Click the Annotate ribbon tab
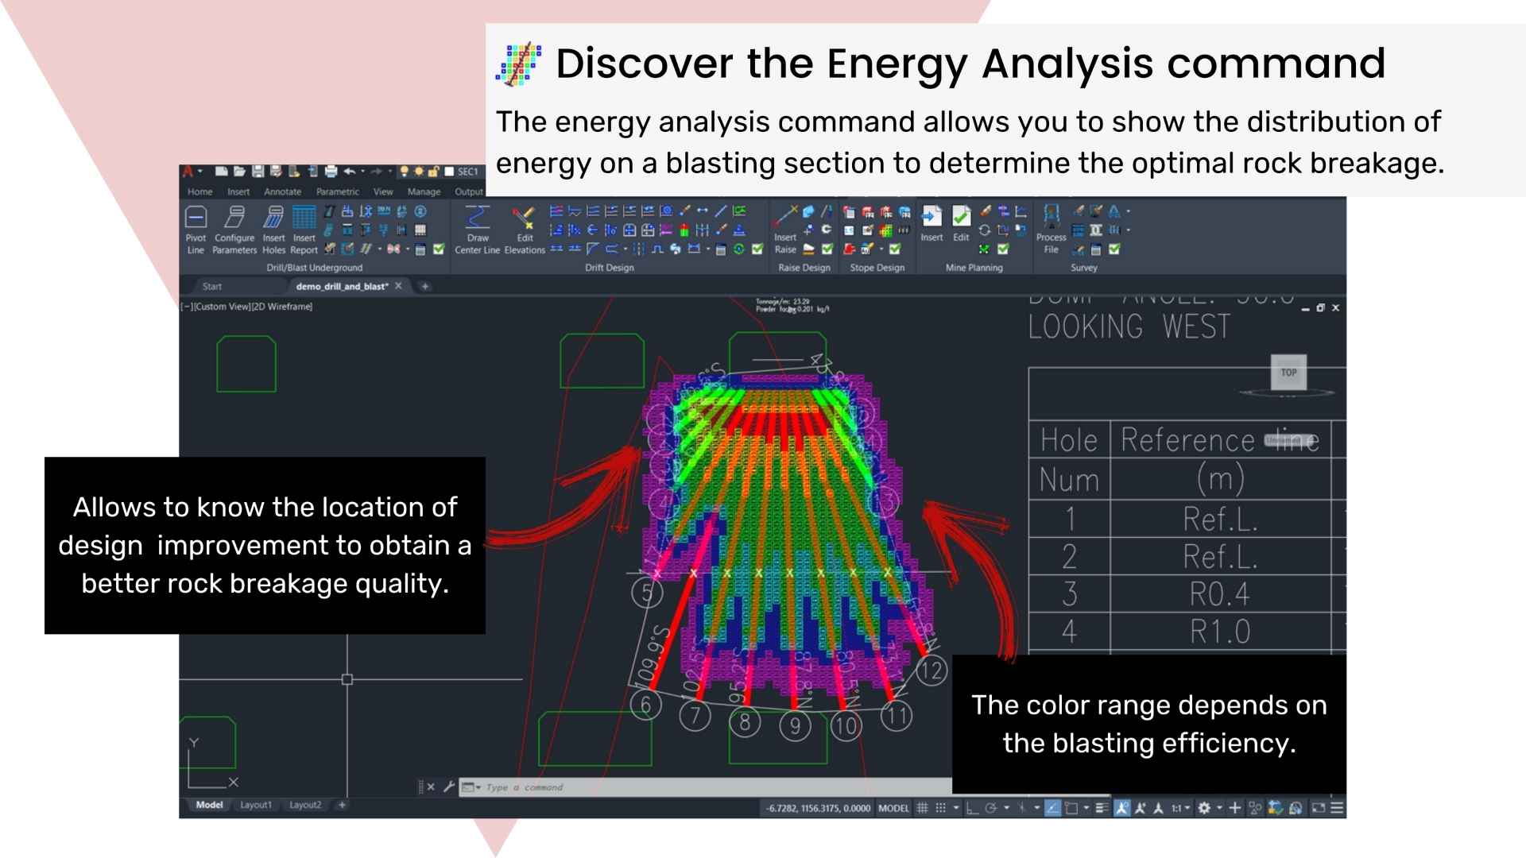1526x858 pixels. click(x=282, y=191)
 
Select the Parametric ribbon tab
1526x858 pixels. click(x=337, y=191)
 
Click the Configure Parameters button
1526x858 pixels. click(x=234, y=230)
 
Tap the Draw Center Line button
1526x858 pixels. click(x=477, y=230)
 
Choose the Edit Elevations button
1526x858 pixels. click(x=525, y=230)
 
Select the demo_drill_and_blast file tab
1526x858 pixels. click(x=342, y=286)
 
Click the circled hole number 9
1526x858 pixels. click(x=795, y=725)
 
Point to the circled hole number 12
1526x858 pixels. click(x=931, y=671)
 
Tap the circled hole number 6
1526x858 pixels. click(x=645, y=705)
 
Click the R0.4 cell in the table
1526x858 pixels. click(x=1219, y=594)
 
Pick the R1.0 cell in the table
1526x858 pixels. click(x=1219, y=632)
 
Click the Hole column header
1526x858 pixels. click(x=1069, y=440)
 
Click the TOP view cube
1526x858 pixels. click(x=1288, y=372)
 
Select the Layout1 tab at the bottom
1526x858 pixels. click(x=256, y=805)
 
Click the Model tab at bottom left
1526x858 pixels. click(x=209, y=805)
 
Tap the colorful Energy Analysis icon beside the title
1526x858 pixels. click(x=518, y=64)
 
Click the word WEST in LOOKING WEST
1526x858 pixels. click(x=1196, y=327)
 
